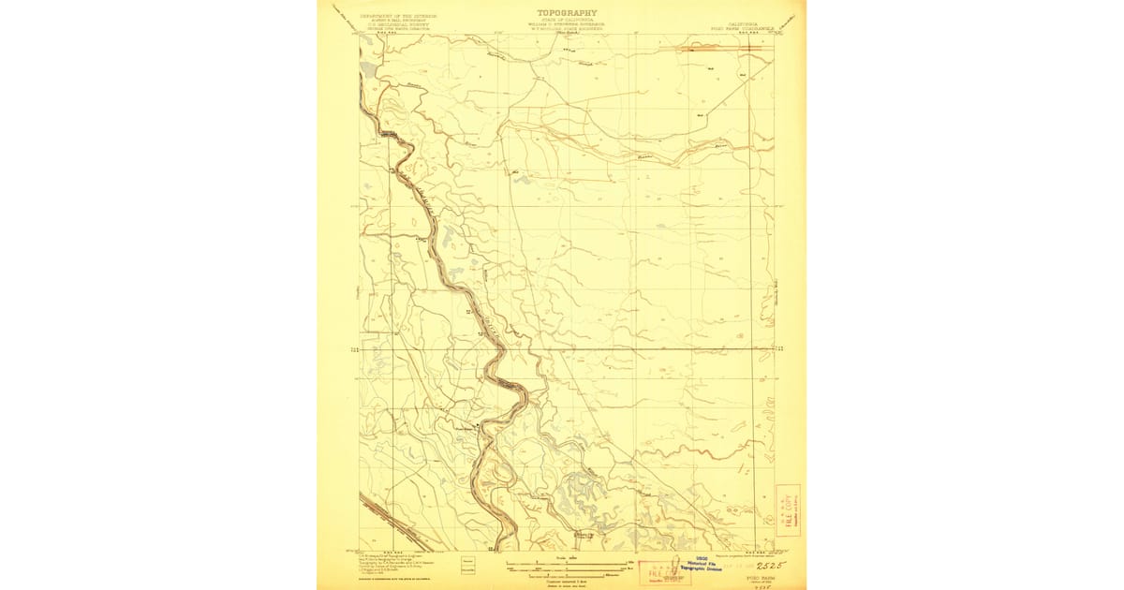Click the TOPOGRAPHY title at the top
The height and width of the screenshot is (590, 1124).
(566, 13)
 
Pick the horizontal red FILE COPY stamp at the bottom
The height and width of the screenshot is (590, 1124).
(661, 572)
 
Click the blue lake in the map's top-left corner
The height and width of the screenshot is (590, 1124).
(366, 69)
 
